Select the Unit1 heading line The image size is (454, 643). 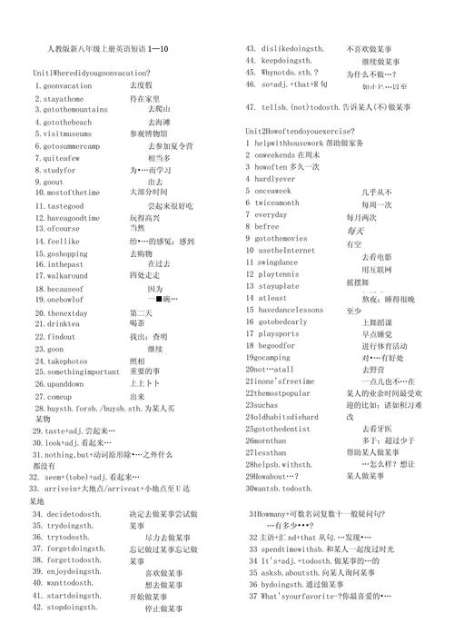point(91,72)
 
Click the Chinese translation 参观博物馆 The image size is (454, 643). point(148,133)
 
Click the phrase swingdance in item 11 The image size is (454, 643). point(284,262)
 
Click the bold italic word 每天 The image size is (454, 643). point(355,231)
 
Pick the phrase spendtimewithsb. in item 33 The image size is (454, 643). point(296,550)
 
